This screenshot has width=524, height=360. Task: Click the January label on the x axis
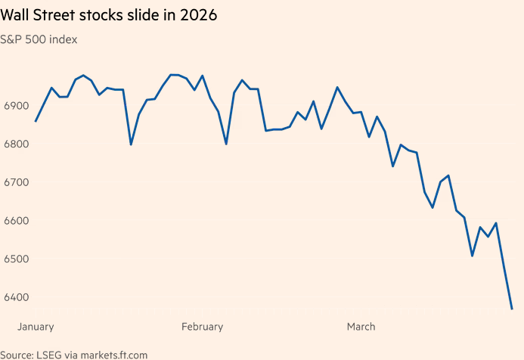(36, 327)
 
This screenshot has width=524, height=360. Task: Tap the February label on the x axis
(202, 327)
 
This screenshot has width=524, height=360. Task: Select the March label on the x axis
(361, 327)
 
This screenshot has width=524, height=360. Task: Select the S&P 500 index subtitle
(39, 39)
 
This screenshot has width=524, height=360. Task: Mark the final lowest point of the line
(512, 309)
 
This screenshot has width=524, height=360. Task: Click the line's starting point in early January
(36, 121)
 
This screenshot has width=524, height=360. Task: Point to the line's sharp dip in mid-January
(131, 144)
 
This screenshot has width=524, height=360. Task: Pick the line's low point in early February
(226, 144)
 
